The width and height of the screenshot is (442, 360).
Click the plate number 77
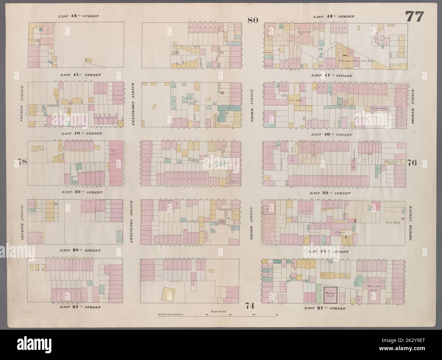point(414,7)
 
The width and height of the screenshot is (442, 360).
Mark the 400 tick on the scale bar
point(276,316)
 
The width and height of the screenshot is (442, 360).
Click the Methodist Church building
point(330,294)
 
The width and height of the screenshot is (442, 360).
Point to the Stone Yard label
point(391,223)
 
